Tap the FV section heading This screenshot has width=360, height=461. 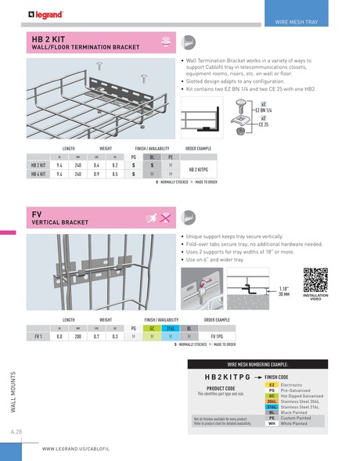point(37,214)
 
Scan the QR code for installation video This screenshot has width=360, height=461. point(315,279)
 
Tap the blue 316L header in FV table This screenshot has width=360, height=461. point(170,328)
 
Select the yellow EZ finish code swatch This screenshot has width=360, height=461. point(271,385)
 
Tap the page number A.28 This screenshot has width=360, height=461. point(16,431)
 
